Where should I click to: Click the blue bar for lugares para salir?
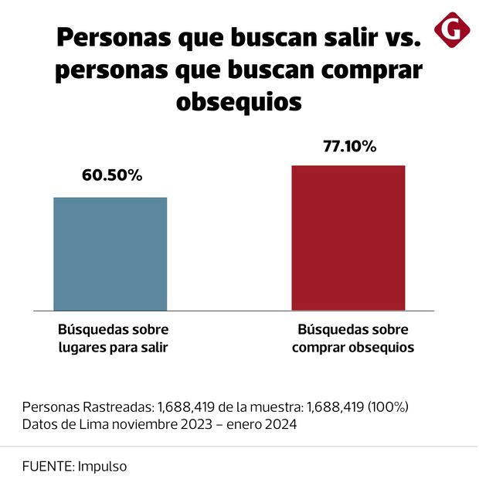pos(110,253)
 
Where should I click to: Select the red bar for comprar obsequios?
pos(348,237)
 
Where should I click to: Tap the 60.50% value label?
pos(112,175)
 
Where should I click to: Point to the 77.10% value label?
pos(349,144)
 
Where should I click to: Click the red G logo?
pos(453,30)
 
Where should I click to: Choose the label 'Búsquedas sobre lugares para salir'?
pos(114,338)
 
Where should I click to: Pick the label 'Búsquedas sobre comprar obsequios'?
pos(353,338)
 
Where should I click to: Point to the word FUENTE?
pos(47,467)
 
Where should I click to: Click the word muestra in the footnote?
pos(277,406)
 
